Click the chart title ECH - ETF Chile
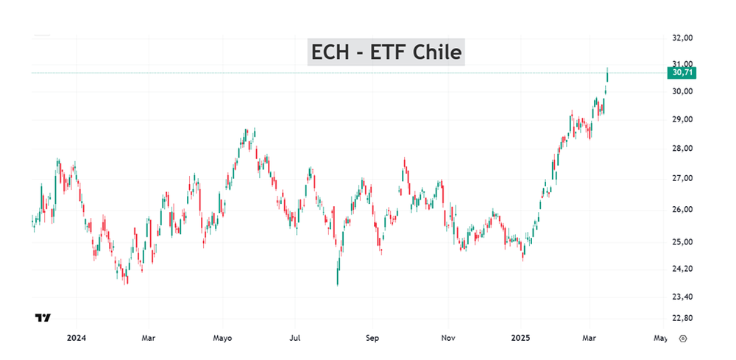[386, 52]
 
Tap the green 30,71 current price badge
[683, 72]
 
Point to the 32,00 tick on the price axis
[683, 38]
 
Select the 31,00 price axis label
[683, 63]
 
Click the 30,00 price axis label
[683, 91]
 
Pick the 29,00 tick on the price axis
[683, 119]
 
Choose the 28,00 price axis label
[683, 148]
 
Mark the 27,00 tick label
[683, 178]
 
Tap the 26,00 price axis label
[683, 210]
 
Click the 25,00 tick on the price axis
[683, 242]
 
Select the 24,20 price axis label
[683, 269]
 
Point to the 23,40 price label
[683, 297]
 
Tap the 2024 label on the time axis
[76, 339]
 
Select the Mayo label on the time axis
[222, 339]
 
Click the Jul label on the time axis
[294, 339]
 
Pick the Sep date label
[372, 339]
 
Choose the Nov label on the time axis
[448, 339]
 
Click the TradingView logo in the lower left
[43, 318]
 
